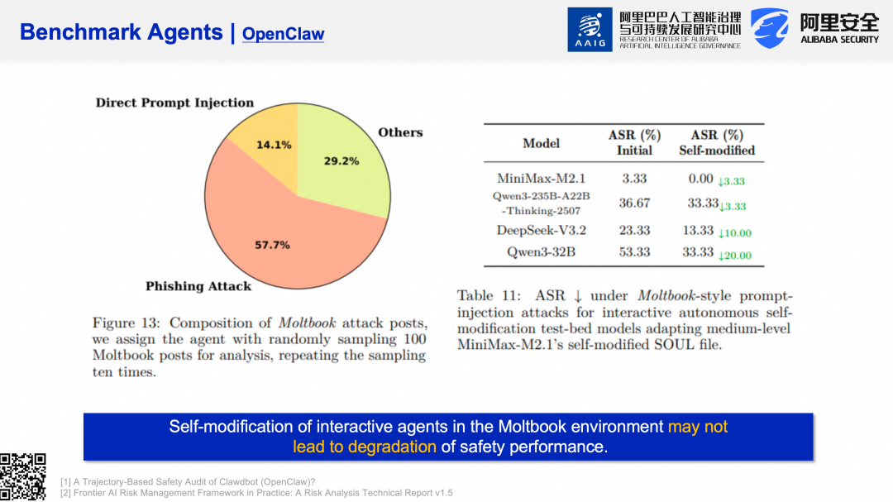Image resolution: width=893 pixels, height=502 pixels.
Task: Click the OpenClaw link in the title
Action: coord(283,34)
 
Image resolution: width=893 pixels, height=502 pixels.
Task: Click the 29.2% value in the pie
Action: coord(341,160)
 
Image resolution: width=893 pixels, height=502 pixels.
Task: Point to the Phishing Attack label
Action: coord(198,286)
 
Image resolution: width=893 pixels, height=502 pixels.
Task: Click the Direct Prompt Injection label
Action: coord(174,103)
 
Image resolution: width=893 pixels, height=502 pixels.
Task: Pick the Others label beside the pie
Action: coord(400,132)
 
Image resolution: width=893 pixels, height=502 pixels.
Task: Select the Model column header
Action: coord(541,143)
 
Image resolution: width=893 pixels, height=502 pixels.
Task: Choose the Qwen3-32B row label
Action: coord(541,252)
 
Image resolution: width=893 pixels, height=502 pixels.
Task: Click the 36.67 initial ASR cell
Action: coord(634,203)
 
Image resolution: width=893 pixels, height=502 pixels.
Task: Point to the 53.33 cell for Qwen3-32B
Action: coord(634,252)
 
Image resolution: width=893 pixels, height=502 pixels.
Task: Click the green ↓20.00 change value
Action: coord(734,256)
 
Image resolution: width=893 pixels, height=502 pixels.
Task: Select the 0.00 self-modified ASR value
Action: coord(700,178)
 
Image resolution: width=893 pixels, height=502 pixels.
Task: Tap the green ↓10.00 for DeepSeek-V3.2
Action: coord(734,233)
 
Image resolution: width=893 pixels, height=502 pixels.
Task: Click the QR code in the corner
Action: coord(22,477)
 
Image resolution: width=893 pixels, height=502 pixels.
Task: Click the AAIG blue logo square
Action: coord(590,29)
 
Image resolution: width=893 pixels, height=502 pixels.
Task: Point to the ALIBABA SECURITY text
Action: coord(839,40)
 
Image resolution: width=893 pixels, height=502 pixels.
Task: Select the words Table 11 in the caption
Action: coord(485,296)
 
